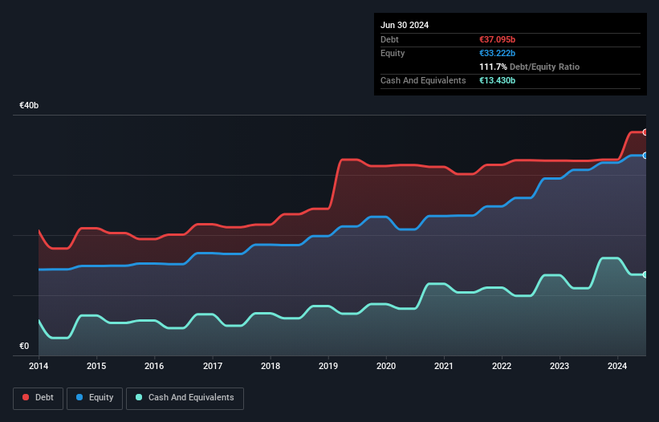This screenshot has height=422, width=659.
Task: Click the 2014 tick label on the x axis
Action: (x=39, y=367)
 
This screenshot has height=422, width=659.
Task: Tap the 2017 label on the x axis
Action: (x=213, y=367)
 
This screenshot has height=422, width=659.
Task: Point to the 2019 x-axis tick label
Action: (x=328, y=367)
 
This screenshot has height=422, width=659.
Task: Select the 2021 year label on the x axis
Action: (x=444, y=367)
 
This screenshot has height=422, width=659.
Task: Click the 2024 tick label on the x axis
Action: (x=618, y=367)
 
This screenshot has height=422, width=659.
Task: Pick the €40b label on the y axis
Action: (x=30, y=106)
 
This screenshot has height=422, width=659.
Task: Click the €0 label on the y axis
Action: (x=24, y=347)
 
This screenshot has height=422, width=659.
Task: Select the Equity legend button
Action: (x=95, y=398)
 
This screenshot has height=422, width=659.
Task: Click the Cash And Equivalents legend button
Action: (x=185, y=398)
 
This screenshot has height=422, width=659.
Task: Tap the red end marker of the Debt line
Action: (x=645, y=132)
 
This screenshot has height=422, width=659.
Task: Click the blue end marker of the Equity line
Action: (x=645, y=156)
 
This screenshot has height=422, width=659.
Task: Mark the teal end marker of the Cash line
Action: (x=645, y=274)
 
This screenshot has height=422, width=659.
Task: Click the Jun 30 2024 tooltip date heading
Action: (x=405, y=25)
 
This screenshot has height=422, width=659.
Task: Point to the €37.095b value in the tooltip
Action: (x=498, y=39)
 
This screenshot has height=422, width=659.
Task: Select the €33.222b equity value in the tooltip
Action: (x=498, y=53)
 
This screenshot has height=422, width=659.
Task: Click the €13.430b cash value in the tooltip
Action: (x=498, y=80)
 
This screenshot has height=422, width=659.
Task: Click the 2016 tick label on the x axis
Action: (x=154, y=367)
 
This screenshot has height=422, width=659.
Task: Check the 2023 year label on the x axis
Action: (x=559, y=367)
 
